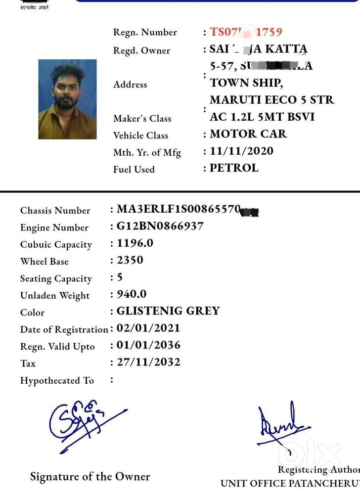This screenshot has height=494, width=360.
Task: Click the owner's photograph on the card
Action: coord(67,99)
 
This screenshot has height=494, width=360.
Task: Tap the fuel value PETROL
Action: coord(234,168)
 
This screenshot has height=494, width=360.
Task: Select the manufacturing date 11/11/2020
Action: coord(241,151)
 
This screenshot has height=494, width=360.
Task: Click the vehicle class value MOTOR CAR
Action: coord(248,134)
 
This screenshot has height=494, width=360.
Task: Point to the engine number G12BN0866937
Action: coord(160,226)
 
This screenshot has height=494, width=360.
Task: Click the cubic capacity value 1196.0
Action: coord(135,243)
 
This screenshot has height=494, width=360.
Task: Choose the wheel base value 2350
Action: coord(130,260)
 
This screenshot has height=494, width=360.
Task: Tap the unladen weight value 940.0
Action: coord(132,294)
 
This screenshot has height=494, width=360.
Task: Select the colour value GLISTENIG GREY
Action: coord(168,311)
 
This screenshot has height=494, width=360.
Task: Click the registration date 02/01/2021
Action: coord(148,328)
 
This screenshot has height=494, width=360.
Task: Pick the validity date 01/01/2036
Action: coord(148,345)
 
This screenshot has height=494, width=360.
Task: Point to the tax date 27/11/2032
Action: coord(148,362)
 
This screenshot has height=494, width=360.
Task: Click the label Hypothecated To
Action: coord(57,380)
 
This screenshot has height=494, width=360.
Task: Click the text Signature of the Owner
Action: coord(90,477)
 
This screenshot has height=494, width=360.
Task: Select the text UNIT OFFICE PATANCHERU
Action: coord(290,484)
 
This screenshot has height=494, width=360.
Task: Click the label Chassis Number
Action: coord(55,211)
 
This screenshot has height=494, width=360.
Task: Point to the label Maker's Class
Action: coord(142,119)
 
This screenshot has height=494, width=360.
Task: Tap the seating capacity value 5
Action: coord(120,277)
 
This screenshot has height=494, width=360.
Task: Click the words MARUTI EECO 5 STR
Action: coord(272,100)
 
